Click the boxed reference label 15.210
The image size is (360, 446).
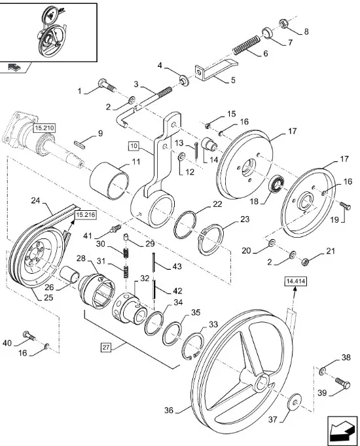44,128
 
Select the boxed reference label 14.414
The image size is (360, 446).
295,282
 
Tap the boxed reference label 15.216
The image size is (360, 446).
85,215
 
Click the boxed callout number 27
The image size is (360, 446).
106,347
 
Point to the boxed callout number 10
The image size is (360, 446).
134,146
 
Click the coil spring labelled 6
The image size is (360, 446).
246,45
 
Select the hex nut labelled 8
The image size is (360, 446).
283,23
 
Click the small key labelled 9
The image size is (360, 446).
79,144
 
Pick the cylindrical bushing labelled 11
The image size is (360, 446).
109,181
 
